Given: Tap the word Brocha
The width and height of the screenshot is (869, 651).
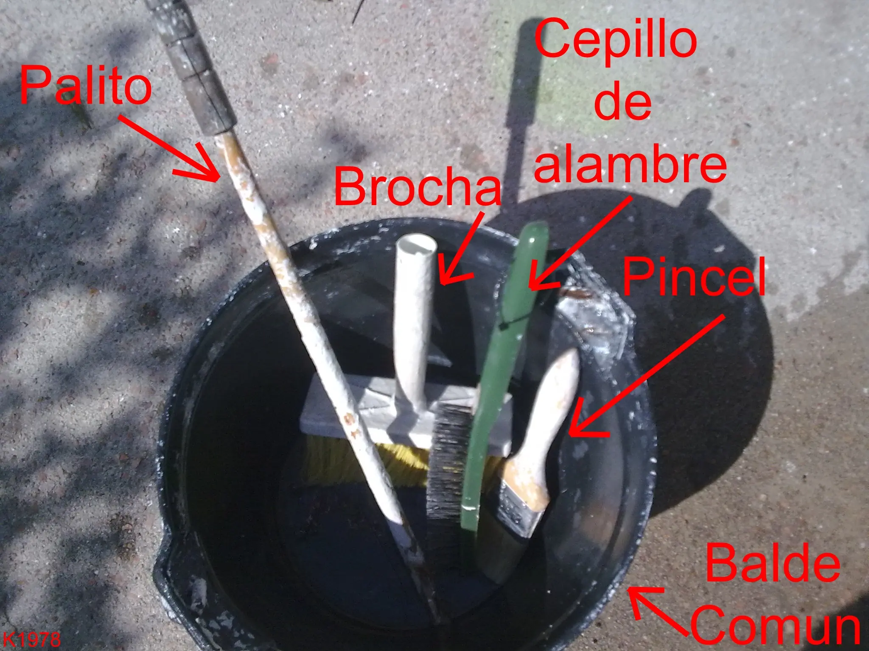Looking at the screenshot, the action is click(x=418, y=186).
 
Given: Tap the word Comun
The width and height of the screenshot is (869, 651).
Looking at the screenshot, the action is click(x=776, y=625).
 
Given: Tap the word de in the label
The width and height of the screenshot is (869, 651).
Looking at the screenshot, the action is click(x=622, y=101).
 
